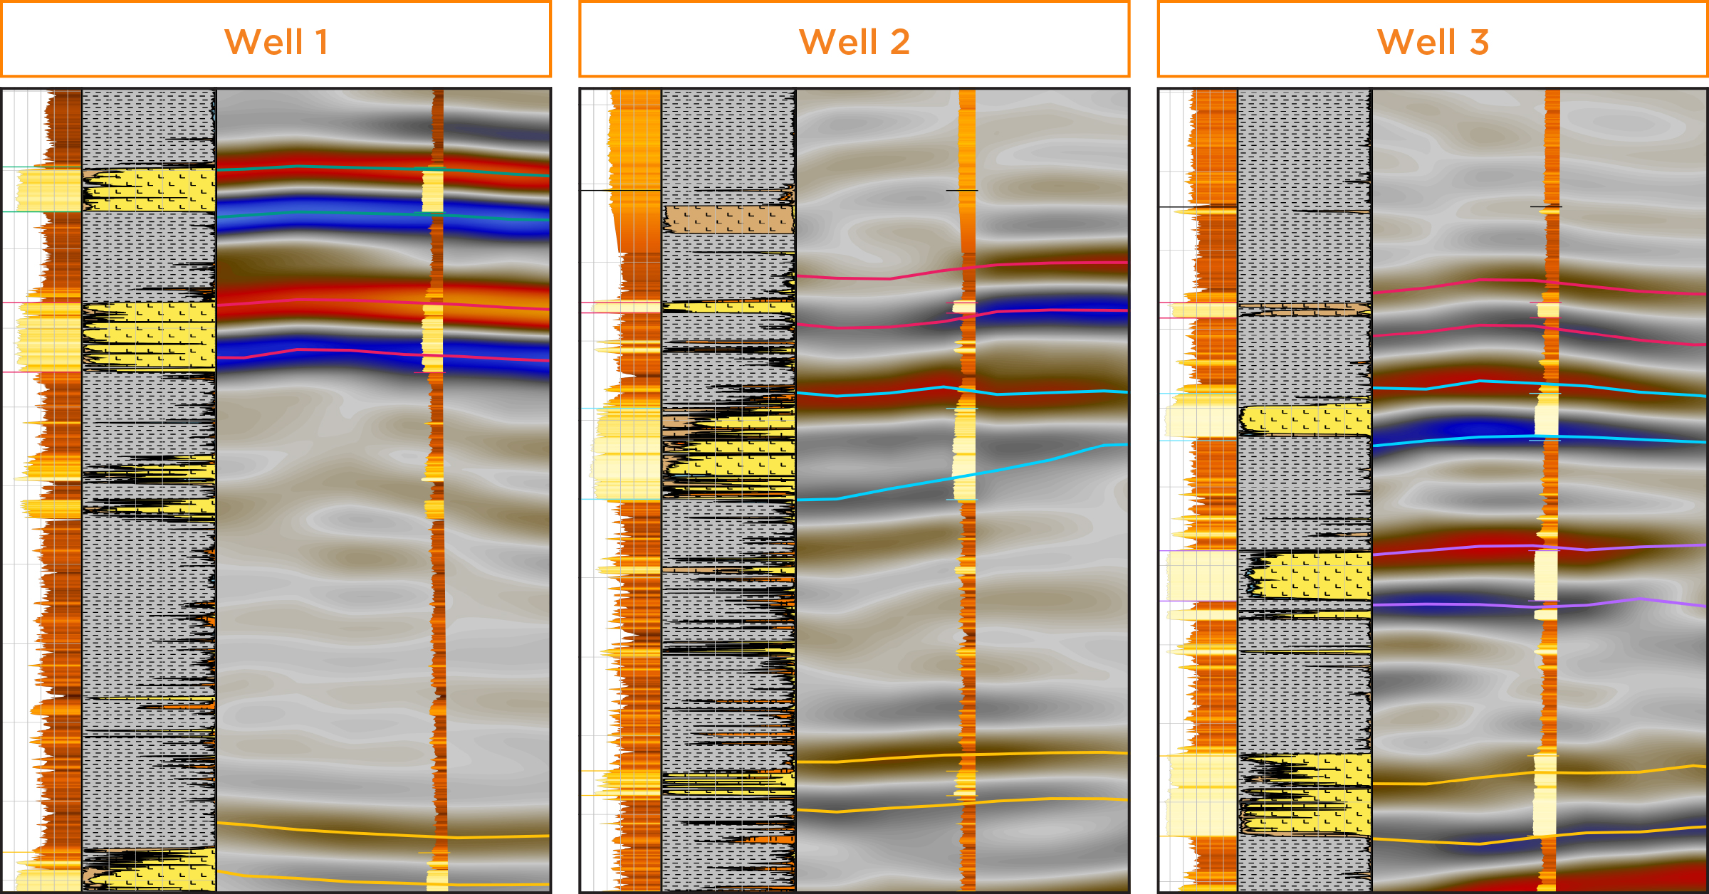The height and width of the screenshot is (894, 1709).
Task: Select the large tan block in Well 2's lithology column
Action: click(728, 219)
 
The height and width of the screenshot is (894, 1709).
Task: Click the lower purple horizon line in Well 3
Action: click(1460, 604)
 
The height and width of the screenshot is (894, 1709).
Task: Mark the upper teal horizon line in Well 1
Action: click(320, 167)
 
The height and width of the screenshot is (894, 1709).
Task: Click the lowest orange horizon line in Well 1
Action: click(320, 880)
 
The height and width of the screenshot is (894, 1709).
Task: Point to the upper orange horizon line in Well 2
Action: click(890, 758)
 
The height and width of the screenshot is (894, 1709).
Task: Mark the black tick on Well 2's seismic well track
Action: click(961, 190)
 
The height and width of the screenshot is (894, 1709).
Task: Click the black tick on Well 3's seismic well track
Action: click(1546, 206)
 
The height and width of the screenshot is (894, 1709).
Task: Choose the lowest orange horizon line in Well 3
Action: click(1424, 841)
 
